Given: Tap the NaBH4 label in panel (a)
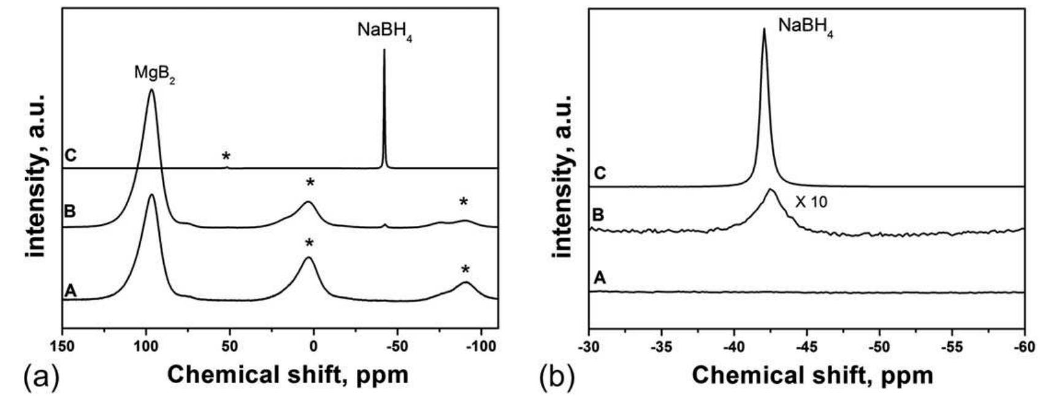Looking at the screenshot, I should point(384,31).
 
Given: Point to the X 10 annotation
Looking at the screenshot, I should point(811,201).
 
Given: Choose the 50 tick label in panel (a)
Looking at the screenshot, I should point(230,346).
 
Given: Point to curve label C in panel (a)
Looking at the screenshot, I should point(71,155).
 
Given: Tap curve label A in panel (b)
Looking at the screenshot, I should point(600,278).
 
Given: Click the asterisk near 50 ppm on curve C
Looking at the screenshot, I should point(227,156).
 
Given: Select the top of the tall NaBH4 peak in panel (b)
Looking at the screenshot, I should point(763,29).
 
